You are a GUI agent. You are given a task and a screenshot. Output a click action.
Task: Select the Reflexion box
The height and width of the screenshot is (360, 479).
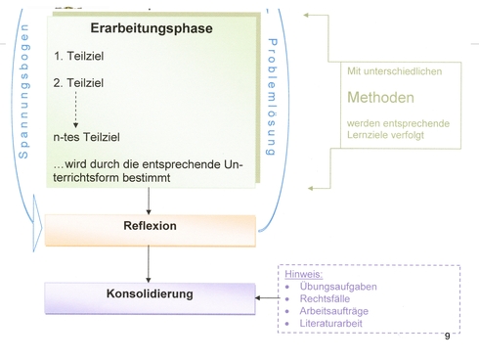tap(150, 226)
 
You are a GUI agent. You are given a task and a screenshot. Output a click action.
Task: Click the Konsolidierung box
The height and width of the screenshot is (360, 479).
tap(150, 293)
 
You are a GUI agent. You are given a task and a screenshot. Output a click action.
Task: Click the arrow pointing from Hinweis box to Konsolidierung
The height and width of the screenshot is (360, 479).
tap(267, 298)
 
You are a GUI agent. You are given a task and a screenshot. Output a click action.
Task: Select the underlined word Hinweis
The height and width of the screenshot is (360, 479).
tap(302, 275)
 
